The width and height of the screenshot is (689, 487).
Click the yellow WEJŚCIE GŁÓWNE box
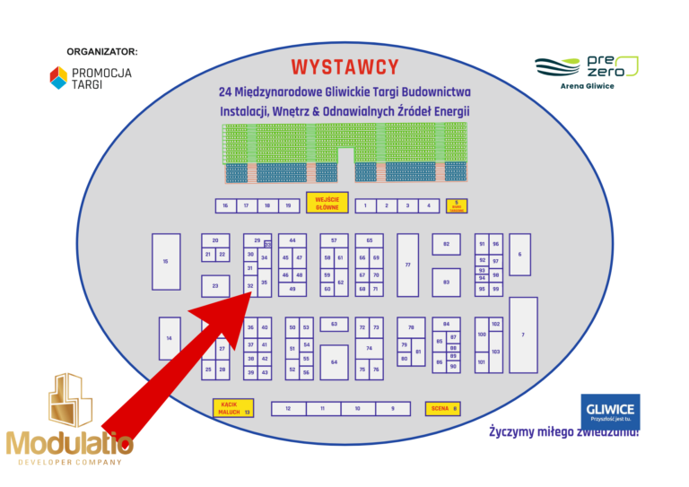326,203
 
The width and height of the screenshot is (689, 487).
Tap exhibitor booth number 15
166,261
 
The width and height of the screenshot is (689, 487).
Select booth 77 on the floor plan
407,265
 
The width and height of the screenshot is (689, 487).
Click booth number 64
334,361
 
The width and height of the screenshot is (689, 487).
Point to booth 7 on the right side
523,335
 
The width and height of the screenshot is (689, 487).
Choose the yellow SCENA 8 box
442,409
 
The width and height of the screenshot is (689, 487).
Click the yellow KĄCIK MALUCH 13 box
232,408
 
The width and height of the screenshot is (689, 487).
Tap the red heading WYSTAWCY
344,67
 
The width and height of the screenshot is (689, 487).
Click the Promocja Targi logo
90,78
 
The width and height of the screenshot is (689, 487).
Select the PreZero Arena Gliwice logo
587,72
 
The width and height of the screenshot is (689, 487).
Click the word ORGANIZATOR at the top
101,51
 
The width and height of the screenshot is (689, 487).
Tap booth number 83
446,282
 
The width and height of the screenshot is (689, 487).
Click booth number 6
519,254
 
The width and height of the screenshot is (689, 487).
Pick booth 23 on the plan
215,286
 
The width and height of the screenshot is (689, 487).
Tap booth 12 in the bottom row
288,409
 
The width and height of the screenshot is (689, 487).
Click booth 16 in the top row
225,205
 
